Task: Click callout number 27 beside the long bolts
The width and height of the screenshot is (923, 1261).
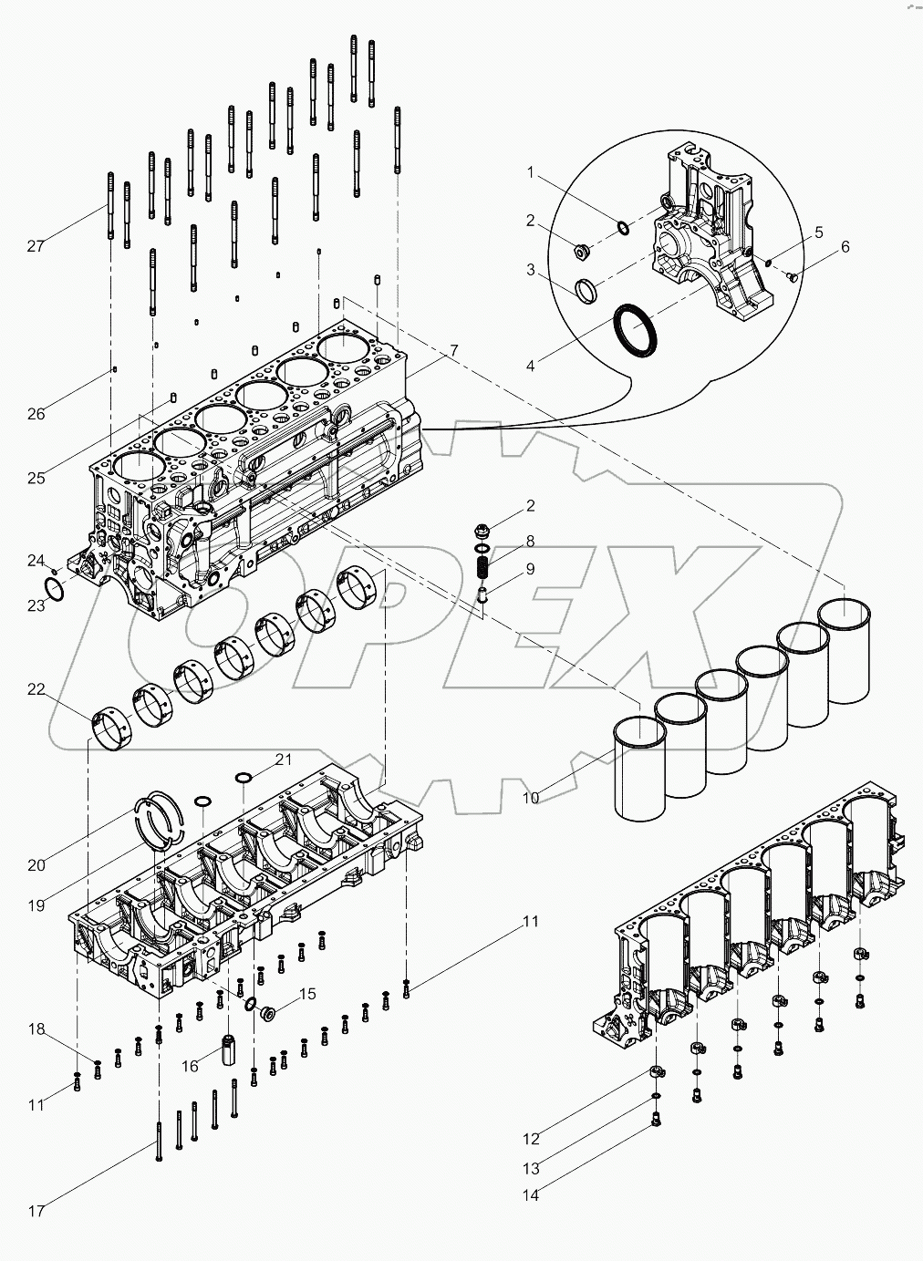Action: coord(36,246)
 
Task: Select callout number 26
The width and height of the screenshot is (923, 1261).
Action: coord(36,414)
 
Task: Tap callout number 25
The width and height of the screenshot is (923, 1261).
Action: coord(36,478)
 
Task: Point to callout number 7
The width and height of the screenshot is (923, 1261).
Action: coord(453,350)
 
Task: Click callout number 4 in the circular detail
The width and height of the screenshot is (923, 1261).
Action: coord(530,366)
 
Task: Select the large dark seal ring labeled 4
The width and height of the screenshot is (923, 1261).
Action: coord(635,329)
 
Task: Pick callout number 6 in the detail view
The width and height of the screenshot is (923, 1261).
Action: coord(845,247)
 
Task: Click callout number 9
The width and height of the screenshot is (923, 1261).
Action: coord(530,570)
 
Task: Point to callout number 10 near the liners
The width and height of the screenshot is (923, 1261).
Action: coord(530,798)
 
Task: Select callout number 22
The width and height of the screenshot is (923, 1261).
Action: coord(36,690)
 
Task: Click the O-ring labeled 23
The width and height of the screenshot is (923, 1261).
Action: coord(55,589)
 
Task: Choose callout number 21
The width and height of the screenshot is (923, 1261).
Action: coord(284,759)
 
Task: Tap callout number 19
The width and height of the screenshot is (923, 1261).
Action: coord(36,905)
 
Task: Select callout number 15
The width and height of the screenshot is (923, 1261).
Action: coord(308,994)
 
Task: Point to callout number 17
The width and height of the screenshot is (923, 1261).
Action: coord(36,1211)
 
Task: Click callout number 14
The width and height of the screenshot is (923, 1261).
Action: coord(530,1194)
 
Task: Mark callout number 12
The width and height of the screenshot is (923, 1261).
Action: coord(530,1138)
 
